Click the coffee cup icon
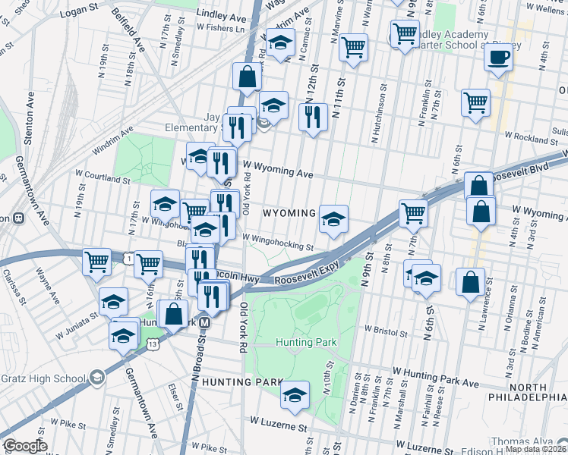[x=498, y=58]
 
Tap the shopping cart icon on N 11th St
[x=354, y=47]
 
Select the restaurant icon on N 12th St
[x=313, y=117]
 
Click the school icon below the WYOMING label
[x=333, y=218]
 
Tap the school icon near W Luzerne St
[x=295, y=394]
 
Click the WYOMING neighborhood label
[x=289, y=214]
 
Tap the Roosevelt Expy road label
[x=306, y=280]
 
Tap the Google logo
[x=25, y=446]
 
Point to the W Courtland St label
[x=103, y=180]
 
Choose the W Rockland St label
[x=533, y=140]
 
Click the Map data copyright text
[x=536, y=449]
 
